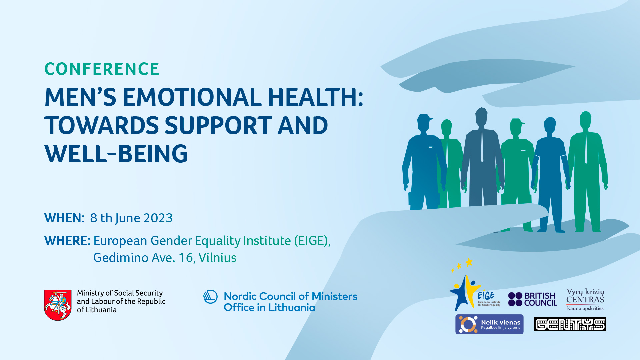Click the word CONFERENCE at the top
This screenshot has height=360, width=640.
(102, 69)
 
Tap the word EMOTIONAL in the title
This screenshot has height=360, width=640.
(192, 97)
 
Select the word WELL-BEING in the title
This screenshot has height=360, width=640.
(116, 154)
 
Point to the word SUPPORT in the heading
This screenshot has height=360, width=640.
(218, 125)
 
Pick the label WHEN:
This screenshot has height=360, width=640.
(64, 218)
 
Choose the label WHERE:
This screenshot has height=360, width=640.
(67, 241)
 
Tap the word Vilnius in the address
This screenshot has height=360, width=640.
(217, 258)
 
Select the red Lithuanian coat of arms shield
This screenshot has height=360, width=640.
(58, 305)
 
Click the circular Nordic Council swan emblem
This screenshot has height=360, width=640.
(210, 297)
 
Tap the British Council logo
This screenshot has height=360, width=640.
(533, 299)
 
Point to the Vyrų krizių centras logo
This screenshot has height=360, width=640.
(585, 299)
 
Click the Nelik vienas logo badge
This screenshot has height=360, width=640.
(489, 324)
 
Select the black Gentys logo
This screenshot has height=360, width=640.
(570, 324)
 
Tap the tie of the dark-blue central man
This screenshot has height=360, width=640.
(482, 147)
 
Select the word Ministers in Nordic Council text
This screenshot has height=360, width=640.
(334, 296)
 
